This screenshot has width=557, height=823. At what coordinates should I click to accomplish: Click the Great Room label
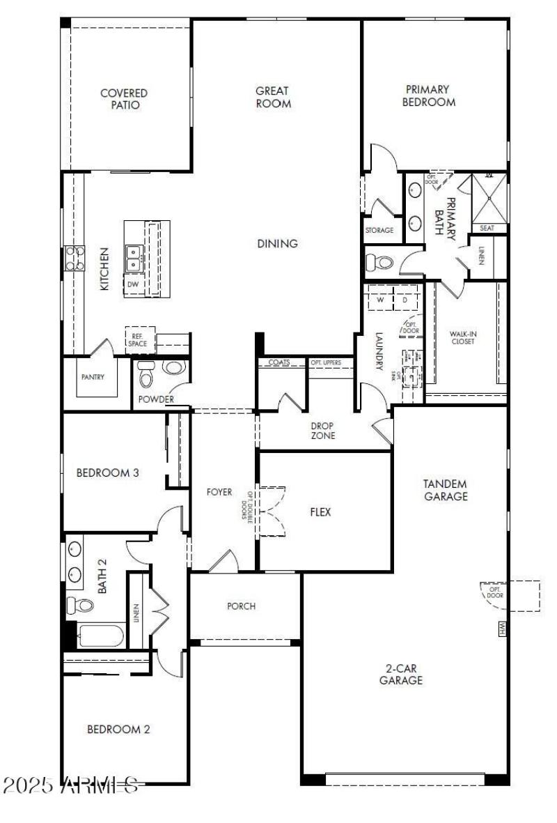pyautogui.click(x=272, y=97)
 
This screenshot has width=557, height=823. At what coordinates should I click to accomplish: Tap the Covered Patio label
pyautogui.click(x=124, y=99)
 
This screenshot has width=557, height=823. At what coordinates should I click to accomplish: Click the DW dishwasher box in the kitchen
pyautogui.click(x=133, y=284)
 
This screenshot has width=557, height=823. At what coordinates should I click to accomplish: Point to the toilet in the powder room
pyautogui.click(x=146, y=376)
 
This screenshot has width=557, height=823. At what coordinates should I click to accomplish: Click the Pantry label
pyautogui.click(x=93, y=378)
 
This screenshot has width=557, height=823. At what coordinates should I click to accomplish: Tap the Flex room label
pyautogui.click(x=320, y=512)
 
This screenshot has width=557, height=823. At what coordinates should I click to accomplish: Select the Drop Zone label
pyautogui.click(x=323, y=431)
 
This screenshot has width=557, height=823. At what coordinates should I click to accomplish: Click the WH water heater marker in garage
pyautogui.click(x=501, y=629)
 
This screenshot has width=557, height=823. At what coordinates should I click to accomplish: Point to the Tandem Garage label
pyautogui.click(x=445, y=490)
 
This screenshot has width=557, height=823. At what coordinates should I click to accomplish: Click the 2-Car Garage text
pyautogui.click(x=401, y=674)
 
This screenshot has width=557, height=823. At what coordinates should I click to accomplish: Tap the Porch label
pyautogui.click(x=241, y=606)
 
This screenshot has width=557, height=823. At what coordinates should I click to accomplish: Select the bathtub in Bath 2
pyautogui.click(x=100, y=636)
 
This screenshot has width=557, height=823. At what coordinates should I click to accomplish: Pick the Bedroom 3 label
pyautogui.click(x=107, y=472)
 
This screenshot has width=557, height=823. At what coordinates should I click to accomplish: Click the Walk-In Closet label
pyautogui.click(x=464, y=338)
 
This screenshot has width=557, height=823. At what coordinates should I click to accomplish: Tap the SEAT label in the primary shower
pyautogui.click(x=487, y=228)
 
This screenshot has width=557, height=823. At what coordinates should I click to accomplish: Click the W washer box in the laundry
pyautogui.click(x=380, y=300)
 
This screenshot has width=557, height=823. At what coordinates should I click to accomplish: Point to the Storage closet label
pyautogui.click(x=379, y=230)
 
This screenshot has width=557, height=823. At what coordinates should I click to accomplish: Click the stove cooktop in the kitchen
pyautogui.click(x=74, y=258)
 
